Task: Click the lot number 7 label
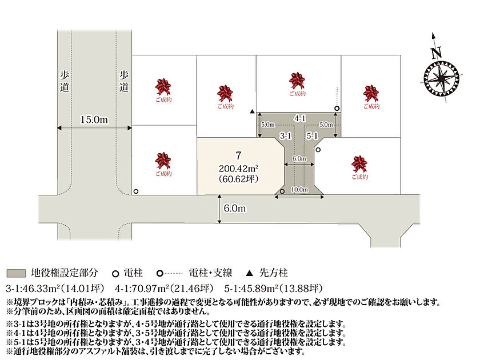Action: coord(238,155)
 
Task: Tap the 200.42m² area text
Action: coord(238,168)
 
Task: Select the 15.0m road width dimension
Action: coord(94,119)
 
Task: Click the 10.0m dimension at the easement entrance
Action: coord(299,190)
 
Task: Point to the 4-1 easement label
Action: coord(299,118)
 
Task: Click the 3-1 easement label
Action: coord(286,135)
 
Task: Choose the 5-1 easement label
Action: coord(312,135)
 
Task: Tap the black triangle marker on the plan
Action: coord(252,111)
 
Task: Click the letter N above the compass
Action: coord(436,53)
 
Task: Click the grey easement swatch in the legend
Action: coord(16,273)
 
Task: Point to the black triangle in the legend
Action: coord(250,273)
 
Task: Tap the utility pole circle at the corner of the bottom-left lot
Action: coord(136,191)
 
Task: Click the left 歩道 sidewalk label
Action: coord(64,81)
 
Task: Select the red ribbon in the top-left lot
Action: coord(163,87)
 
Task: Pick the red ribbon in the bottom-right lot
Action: coord(359,164)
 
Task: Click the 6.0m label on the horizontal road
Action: coord(235,209)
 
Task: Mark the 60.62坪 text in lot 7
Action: coord(238,179)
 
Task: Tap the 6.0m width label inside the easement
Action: coord(299,158)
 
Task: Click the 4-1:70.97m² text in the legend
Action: coord(142,289)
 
